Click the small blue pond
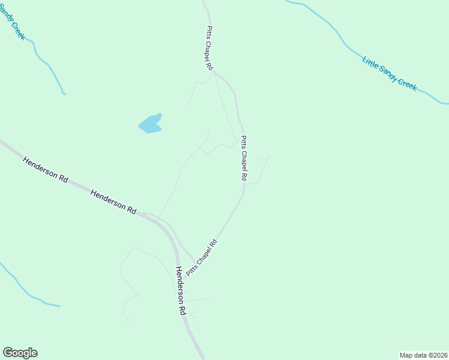pyautogui.click(x=151, y=124)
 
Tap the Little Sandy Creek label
pyautogui.click(x=389, y=73)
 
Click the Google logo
pyautogui.click(x=20, y=353)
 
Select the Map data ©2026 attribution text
pyautogui.click(x=423, y=355)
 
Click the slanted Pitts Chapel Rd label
pyautogui.click(x=201, y=258)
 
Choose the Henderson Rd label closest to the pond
pyautogui.click(x=113, y=200)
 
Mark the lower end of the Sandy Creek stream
pyautogui.click(x=63, y=93)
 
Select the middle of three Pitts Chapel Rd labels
pyautogui.click(x=244, y=158)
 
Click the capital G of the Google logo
pyautogui.click(x=8, y=353)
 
